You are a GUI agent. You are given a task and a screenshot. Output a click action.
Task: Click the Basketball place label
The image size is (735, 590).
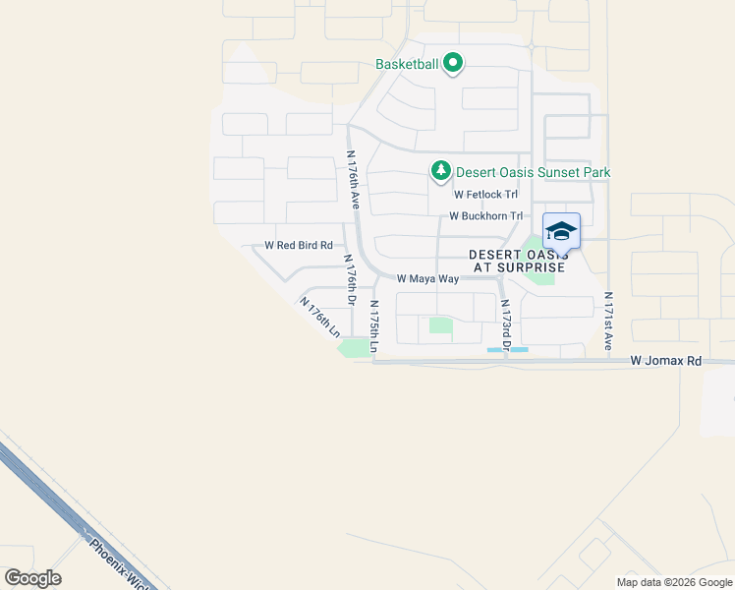pyautogui.click(x=406, y=65)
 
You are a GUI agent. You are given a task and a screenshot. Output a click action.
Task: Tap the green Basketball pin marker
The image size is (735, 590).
pyautogui.click(x=453, y=64)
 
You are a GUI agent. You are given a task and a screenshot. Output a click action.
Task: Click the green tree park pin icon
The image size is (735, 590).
pyautogui.click(x=442, y=172)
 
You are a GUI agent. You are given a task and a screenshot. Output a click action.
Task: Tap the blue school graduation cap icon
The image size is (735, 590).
pyautogui.click(x=561, y=232)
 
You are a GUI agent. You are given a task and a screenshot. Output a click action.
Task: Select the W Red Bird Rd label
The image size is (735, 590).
pyautogui.click(x=299, y=245)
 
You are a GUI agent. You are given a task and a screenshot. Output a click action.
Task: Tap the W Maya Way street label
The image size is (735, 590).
pyautogui.click(x=428, y=279)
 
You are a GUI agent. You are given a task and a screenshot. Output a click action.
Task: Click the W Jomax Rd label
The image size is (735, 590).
pyautogui.click(x=666, y=361)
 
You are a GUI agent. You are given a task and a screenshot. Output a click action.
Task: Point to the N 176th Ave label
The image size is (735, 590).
pyautogui.click(x=352, y=179)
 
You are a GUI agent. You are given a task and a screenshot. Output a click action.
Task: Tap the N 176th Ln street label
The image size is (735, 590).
pyautogui.click(x=320, y=320)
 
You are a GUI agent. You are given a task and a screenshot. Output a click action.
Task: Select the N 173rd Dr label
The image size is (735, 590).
pyautogui.click(x=505, y=325)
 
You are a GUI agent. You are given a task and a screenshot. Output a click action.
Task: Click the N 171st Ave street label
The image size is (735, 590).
pyautogui.click(x=609, y=323)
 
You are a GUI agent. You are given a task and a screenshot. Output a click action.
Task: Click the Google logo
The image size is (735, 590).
pyautogui.click(x=32, y=578)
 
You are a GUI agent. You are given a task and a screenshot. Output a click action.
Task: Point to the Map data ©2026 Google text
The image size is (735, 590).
pyautogui.click(x=673, y=582)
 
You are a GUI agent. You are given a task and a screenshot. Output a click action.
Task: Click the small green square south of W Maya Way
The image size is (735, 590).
pyautogui.click(x=441, y=325)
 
